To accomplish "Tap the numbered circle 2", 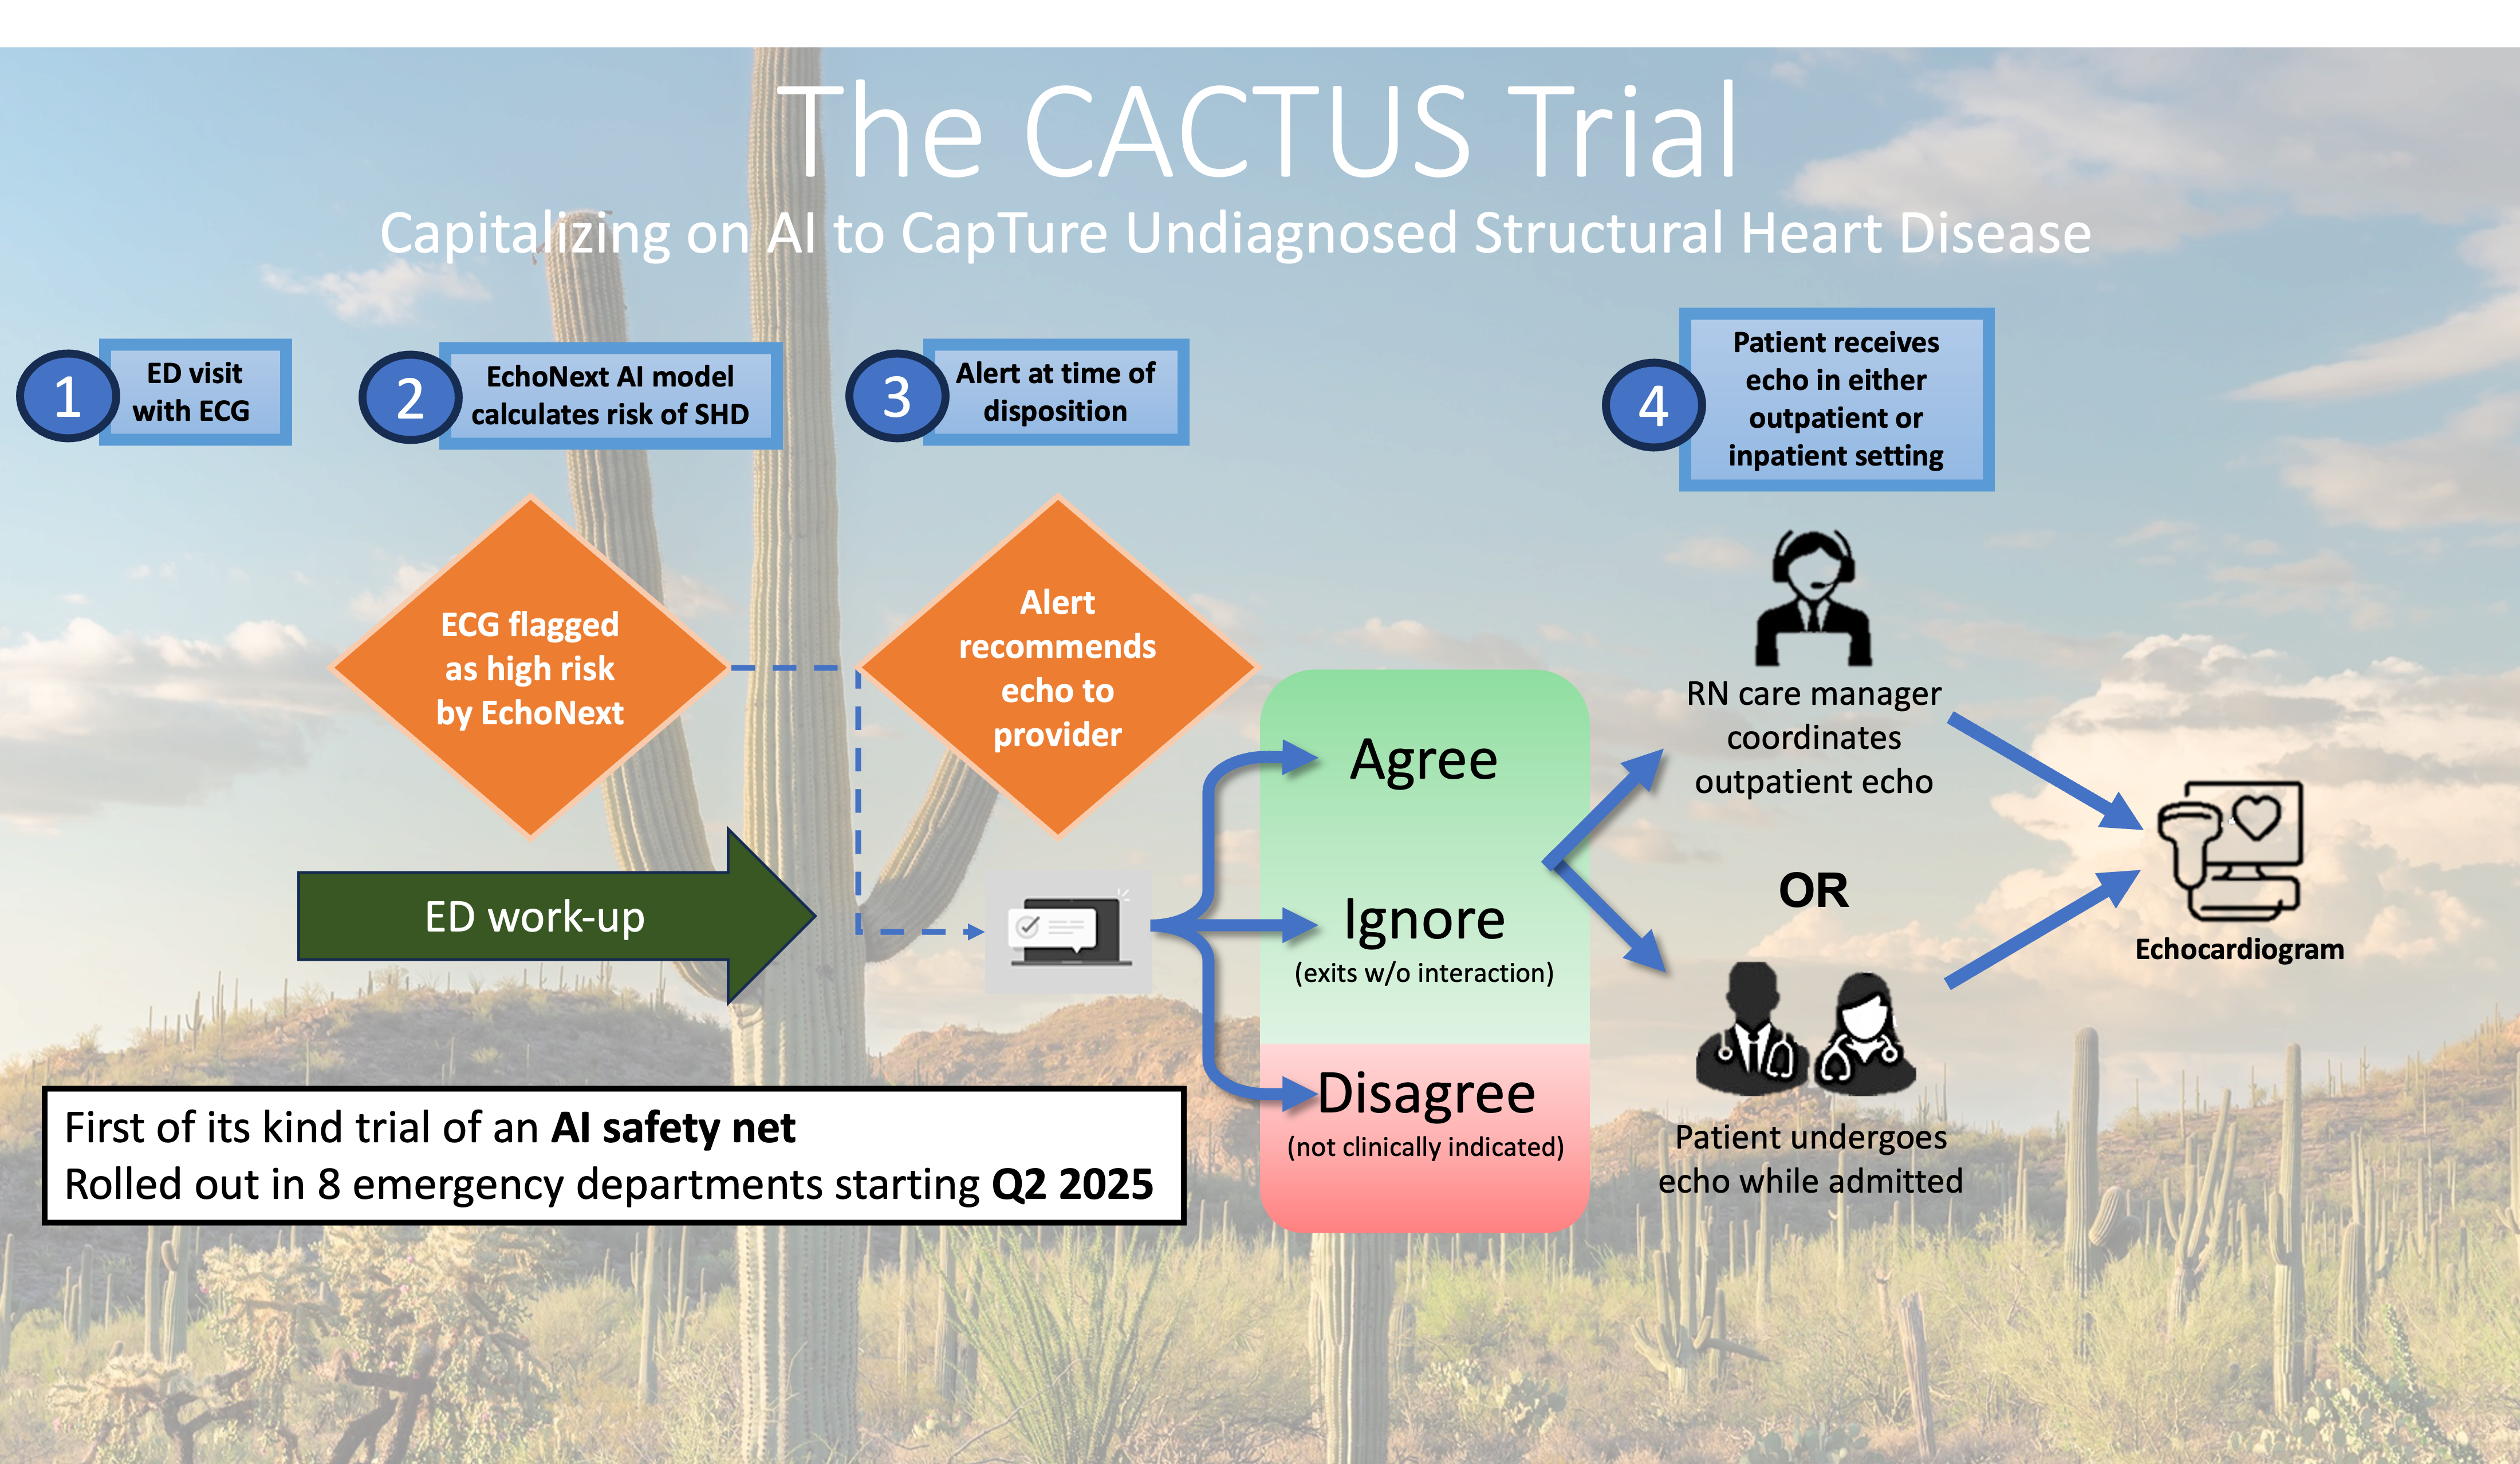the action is point(410,398).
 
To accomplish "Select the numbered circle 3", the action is point(897,396).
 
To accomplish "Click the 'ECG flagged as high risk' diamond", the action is point(530,667).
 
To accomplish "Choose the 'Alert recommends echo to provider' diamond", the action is point(1057,667).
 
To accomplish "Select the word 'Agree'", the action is point(1424,760).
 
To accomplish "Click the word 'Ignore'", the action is point(1424,920).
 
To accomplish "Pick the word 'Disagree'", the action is point(1426,1093).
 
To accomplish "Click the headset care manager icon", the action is point(1814,598).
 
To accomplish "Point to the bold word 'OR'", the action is point(1814,890).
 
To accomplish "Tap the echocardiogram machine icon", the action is point(2230,851).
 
